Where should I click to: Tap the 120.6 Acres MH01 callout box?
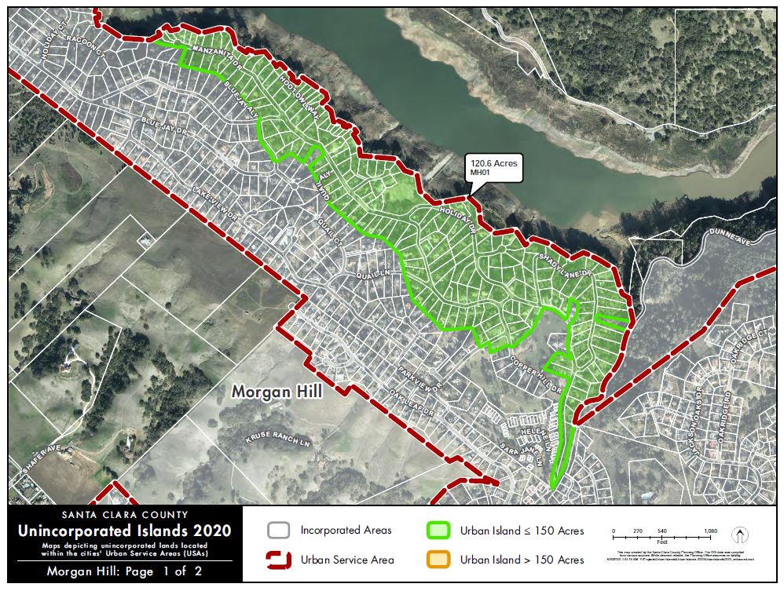click(494, 167)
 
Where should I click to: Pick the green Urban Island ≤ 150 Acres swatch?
click(438, 531)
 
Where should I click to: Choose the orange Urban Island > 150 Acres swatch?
click(438, 560)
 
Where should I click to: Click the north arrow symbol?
click(739, 535)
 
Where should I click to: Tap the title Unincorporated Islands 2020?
click(125, 531)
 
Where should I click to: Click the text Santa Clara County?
click(125, 516)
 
